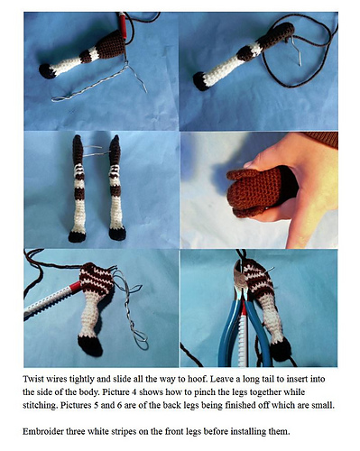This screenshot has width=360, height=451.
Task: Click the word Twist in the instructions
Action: click(31, 379)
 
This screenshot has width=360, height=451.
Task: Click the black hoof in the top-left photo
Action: click(47, 71)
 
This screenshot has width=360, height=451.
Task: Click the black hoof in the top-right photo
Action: click(199, 80)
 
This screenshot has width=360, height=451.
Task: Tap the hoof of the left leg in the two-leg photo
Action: click(77, 236)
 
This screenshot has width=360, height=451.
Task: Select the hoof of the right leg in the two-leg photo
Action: click(117, 234)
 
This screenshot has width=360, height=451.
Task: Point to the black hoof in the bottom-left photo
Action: click(90, 345)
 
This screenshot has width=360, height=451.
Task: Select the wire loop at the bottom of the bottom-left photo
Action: click(141, 339)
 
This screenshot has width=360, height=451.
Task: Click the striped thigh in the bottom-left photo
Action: click(97, 278)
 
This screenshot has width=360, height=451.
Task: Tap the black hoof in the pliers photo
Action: click(281, 350)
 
